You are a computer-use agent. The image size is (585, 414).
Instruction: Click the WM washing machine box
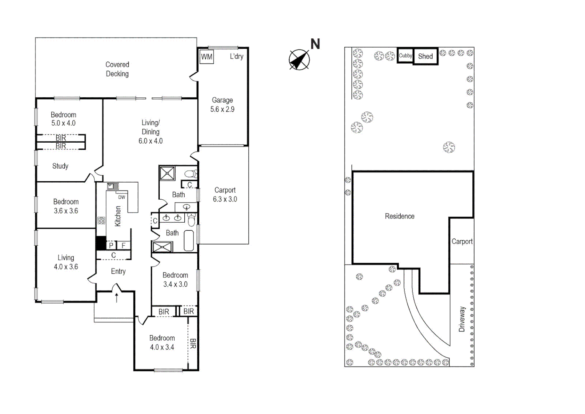pyautogui.click(x=206, y=57)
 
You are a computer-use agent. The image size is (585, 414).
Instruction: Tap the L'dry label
pyautogui.click(x=236, y=56)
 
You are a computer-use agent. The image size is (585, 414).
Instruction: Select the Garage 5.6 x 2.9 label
pyautogui.click(x=222, y=105)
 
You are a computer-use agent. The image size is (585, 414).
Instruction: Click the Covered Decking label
pyautogui.click(x=117, y=69)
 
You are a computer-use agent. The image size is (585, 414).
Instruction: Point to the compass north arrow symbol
pyautogui.click(x=299, y=60)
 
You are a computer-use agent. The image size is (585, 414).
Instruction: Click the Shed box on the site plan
pyautogui.click(x=425, y=56)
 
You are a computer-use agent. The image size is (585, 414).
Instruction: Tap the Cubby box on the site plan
pyautogui.click(x=405, y=56)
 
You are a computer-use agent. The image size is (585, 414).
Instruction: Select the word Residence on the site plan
pyautogui.click(x=400, y=216)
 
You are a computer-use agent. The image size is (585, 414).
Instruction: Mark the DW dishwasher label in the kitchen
pyautogui.click(x=121, y=197)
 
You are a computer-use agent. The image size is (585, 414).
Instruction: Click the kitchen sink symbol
pyautogui.click(x=112, y=186)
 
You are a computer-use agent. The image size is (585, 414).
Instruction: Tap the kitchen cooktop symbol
pyautogui.click(x=101, y=220)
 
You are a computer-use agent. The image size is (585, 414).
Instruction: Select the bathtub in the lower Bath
pyautogui.click(x=189, y=241)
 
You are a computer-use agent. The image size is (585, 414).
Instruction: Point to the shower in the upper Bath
pyautogui.click(x=167, y=173)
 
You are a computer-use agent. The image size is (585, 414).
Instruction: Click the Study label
pyautogui.click(x=60, y=166)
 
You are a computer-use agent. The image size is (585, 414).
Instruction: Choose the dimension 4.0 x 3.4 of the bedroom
pyautogui.click(x=162, y=347)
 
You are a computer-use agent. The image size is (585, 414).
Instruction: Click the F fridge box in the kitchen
pyautogui.click(x=123, y=245)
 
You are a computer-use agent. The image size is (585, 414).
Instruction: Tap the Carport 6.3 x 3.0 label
pyautogui.click(x=225, y=195)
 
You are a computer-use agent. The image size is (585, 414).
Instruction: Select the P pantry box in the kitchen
pyautogui.click(x=111, y=245)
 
